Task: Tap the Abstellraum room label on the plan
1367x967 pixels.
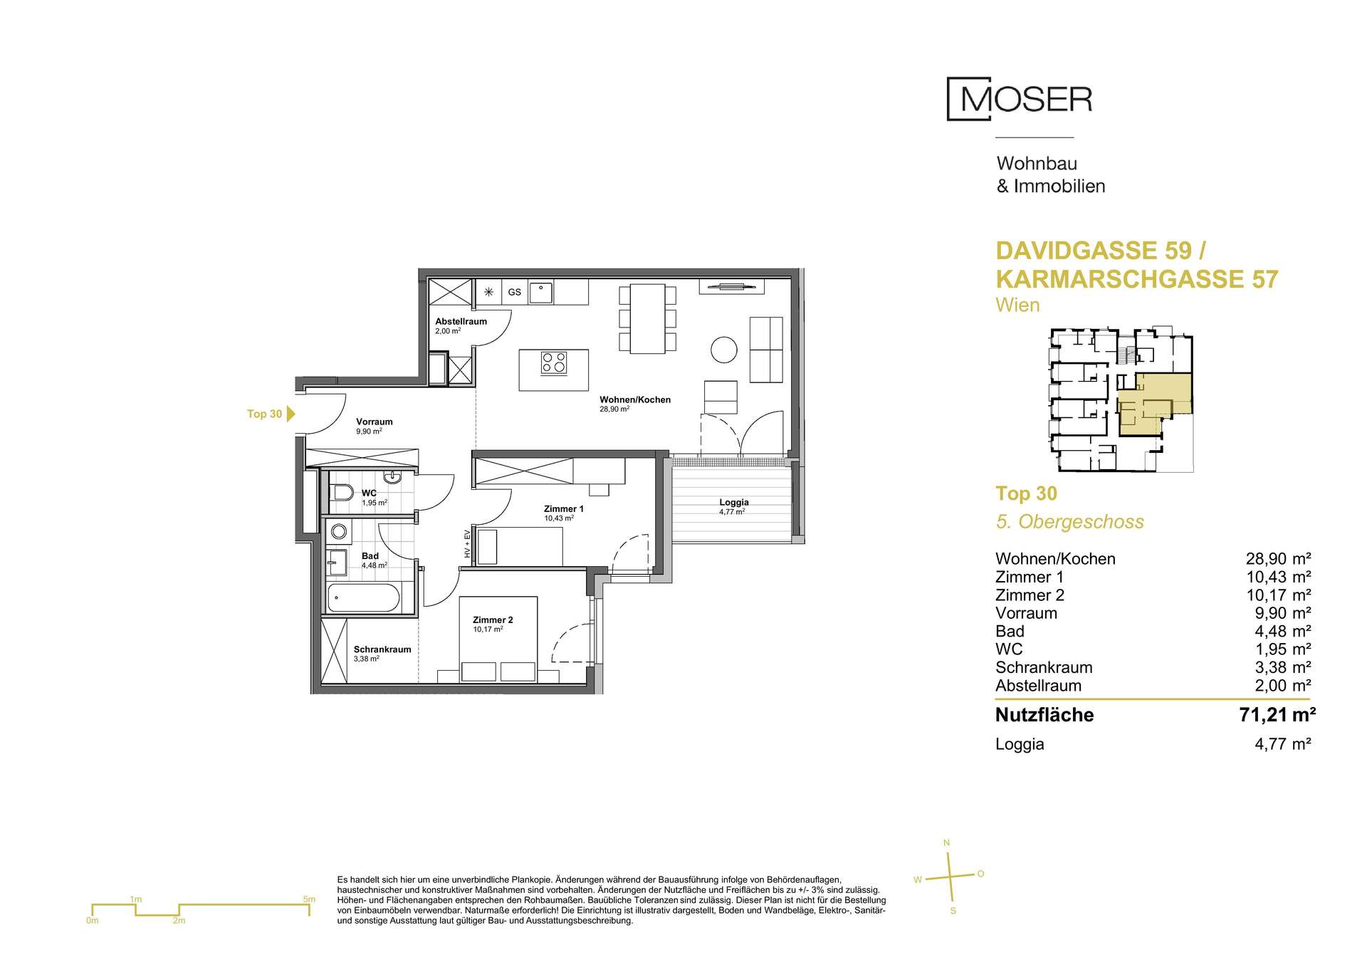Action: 461,321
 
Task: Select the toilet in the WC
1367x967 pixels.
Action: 342,492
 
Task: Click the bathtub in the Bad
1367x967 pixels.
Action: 363,597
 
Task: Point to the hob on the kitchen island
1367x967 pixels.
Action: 554,363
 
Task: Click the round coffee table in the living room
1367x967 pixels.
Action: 724,349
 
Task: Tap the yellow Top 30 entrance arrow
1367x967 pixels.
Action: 290,414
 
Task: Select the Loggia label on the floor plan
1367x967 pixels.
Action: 734,502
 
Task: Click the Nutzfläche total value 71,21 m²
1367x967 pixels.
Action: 1277,714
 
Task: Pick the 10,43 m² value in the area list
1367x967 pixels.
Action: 1278,577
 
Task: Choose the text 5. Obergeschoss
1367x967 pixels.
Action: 1069,521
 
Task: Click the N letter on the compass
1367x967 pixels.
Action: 946,843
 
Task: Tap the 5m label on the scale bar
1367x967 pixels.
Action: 309,899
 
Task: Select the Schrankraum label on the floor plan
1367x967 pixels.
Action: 382,649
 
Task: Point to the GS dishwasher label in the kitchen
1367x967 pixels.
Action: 514,292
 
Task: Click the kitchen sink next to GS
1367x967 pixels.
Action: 542,292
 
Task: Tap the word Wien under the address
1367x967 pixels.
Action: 1017,305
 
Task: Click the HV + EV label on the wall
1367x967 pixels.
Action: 467,544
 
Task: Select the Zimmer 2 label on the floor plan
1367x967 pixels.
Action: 493,620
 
